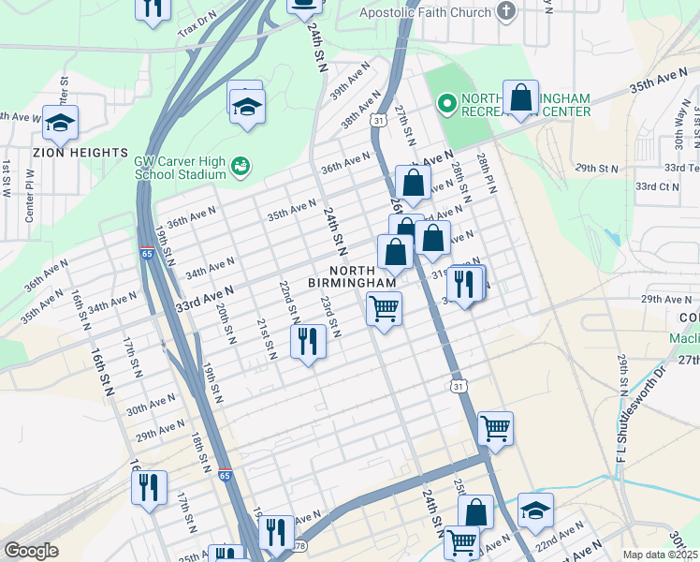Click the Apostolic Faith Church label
coord(426,12)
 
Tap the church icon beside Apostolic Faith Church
coord(506,12)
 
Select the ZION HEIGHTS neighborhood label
coord(80,152)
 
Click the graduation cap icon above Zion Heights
coord(60,123)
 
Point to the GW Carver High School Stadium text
coord(180,167)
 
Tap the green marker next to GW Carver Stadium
coord(241,167)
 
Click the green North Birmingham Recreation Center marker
coord(446,102)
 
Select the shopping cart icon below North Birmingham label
coord(384,308)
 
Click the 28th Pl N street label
coord(485,171)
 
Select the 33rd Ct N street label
coord(657,186)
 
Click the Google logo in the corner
coord(31,551)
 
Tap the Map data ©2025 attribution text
coord(660,555)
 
